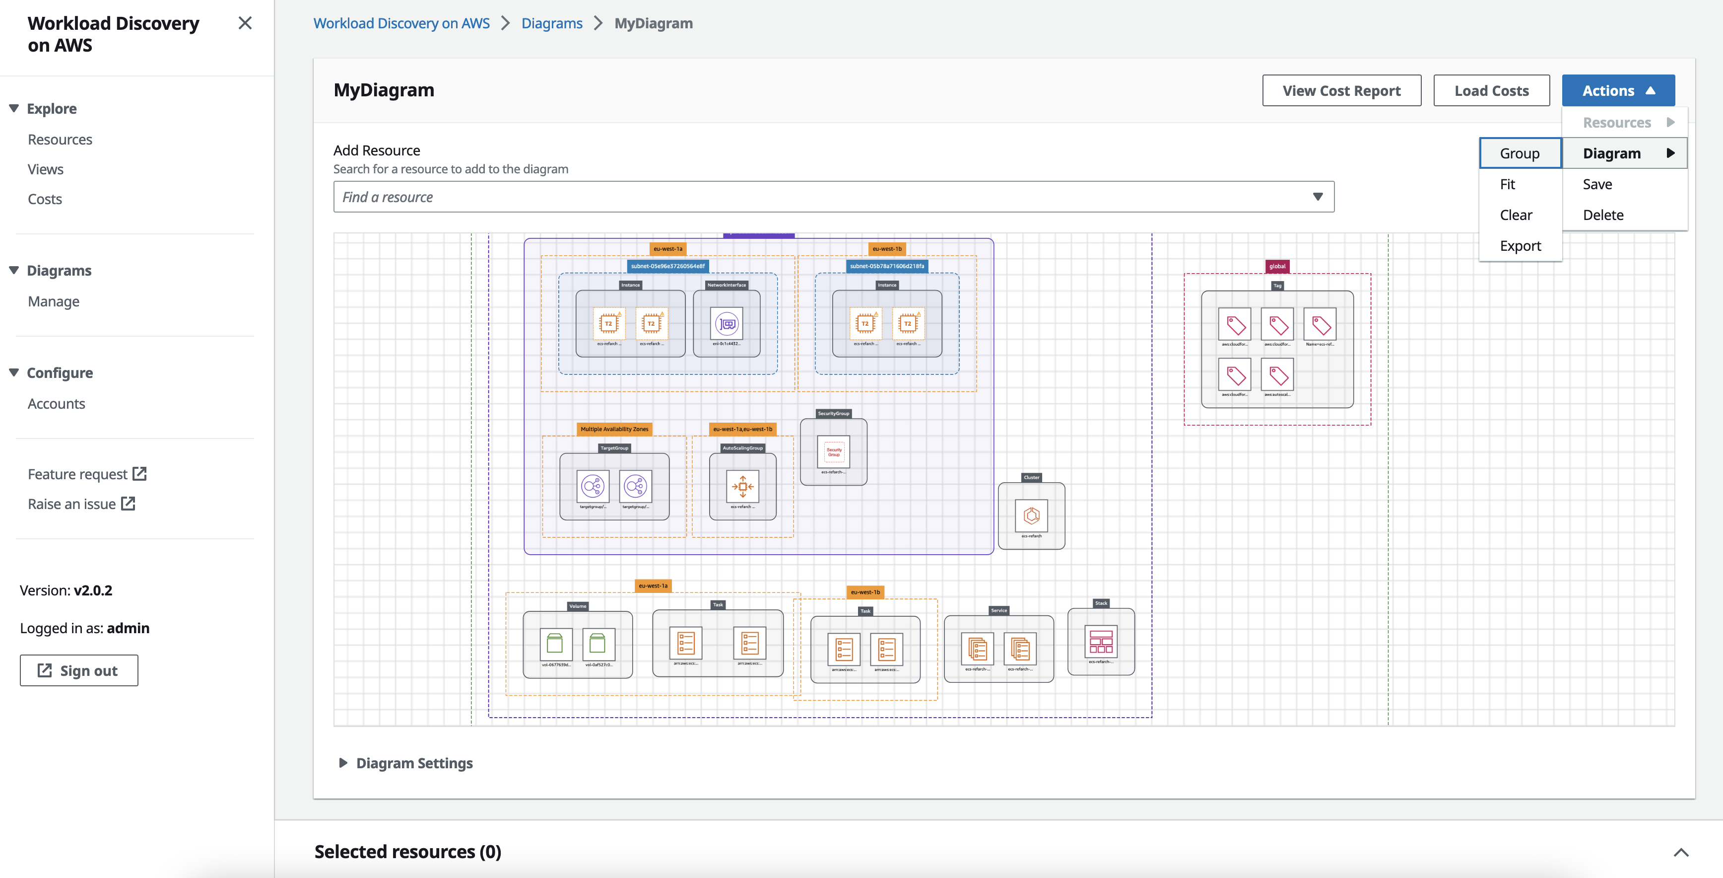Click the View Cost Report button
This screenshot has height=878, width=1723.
point(1341,90)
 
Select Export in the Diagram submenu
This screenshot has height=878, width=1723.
point(1520,246)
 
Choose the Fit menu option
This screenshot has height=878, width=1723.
point(1507,184)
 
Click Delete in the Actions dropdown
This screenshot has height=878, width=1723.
point(1602,215)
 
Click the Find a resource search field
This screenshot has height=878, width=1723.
point(823,197)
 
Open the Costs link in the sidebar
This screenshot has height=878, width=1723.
point(45,199)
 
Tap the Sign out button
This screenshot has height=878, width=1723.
point(79,670)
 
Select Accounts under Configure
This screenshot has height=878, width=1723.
point(56,404)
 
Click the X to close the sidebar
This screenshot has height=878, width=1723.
point(245,23)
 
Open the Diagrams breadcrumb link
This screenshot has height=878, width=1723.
point(552,23)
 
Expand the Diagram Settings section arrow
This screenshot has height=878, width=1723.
point(343,763)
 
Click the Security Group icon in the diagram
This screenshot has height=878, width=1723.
point(833,452)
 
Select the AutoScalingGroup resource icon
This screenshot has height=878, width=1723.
point(742,487)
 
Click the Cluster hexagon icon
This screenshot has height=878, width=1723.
point(1031,515)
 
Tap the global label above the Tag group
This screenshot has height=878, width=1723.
point(1277,266)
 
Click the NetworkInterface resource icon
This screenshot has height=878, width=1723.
point(727,324)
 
